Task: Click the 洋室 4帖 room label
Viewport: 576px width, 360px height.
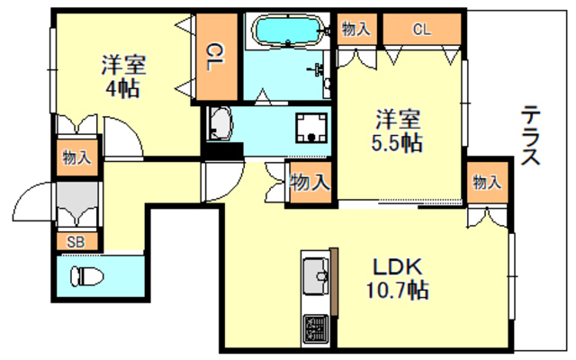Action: click(x=123, y=76)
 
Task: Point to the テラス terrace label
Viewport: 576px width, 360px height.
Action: click(x=530, y=136)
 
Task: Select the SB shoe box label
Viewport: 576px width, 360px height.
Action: click(x=77, y=241)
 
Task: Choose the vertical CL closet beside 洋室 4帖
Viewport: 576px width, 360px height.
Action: click(x=215, y=58)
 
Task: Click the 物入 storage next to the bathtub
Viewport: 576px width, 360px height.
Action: click(x=357, y=29)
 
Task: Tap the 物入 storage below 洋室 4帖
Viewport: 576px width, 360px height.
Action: click(x=76, y=158)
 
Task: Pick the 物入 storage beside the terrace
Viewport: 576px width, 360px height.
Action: click(x=487, y=183)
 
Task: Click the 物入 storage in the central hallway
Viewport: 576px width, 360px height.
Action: click(x=309, y=183)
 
